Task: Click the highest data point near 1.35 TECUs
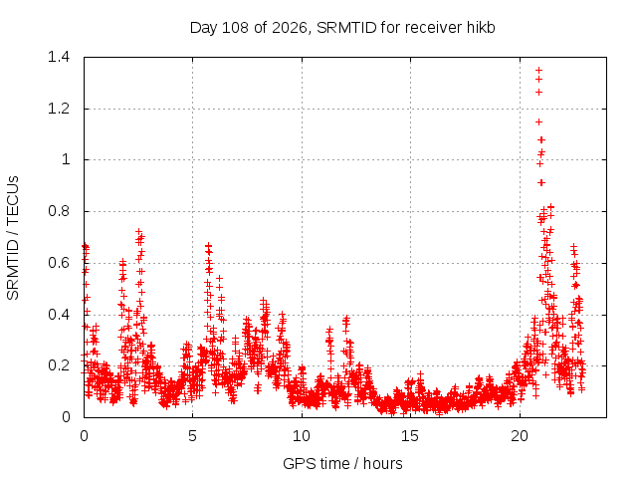(x=539, y=71)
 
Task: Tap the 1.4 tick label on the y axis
(x=59, y=57)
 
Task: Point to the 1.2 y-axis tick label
(x=59, y=109)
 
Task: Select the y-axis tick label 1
(x=66, y=159)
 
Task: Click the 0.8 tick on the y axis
(x=59, y=211)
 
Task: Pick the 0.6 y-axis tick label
(x=59, y=263)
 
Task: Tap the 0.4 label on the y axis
(x=59, y=315)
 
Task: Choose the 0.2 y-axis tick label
(x=59, y=365)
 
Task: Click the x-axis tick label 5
(x=192, y=436)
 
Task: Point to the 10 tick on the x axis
(x=302, y=436)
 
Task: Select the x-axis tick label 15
(x=410, y=436)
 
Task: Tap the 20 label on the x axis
(x=520, y=436)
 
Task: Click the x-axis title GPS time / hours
(x=342, y=464)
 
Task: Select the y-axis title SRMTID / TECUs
(x=13, y=238)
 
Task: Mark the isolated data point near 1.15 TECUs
(x=539, y=121)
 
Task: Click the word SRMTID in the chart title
(x=347, y=28)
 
